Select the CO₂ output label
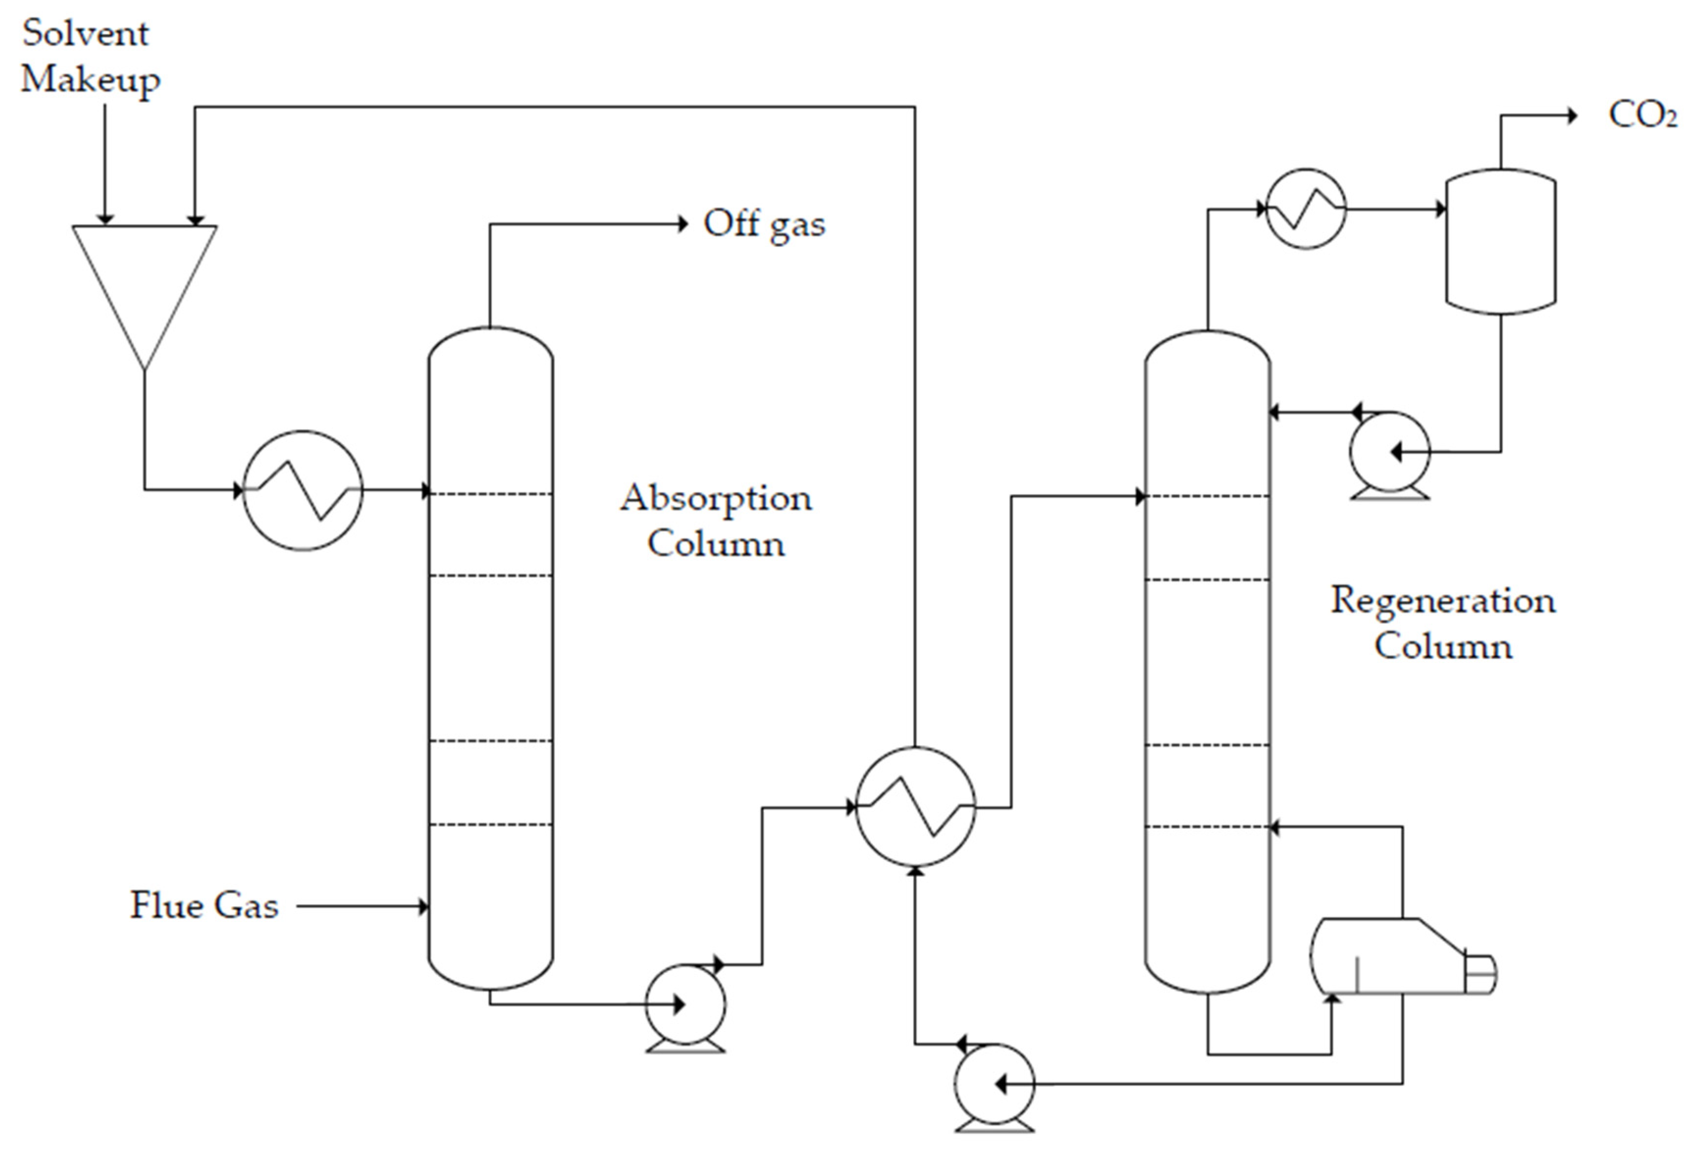tap(1642, 115)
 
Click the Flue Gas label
tap(204, 906)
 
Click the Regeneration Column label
tap(1443, 623)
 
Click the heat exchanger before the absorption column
tap(302, 491)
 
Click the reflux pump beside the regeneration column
tap(1389, 452)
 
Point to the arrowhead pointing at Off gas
tap(682, 224)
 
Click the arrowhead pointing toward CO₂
tap(1571, 115)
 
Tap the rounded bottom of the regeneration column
tap(1207, 978)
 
